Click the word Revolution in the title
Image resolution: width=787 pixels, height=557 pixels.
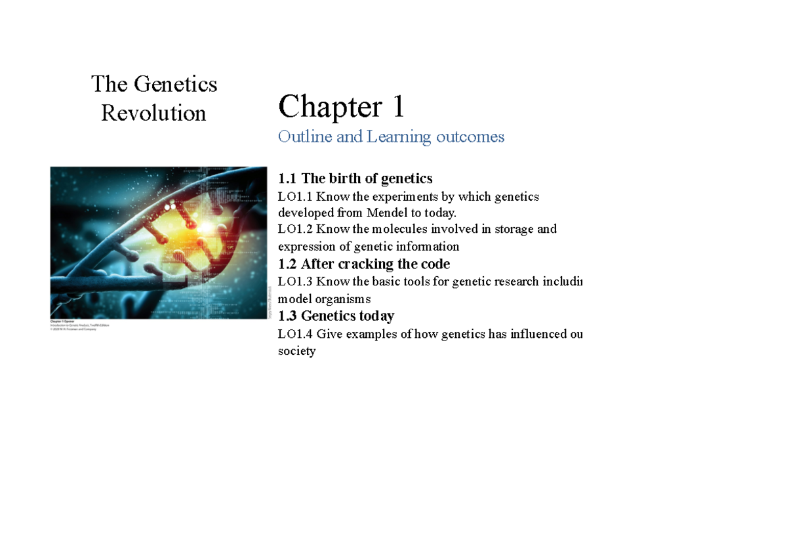(x=153, y=113)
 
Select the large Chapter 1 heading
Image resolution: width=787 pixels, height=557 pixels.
(x=341, y=106)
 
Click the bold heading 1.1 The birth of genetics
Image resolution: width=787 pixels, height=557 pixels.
(x=355, y=178)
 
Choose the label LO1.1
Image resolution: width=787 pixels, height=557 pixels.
(x=295, y=196)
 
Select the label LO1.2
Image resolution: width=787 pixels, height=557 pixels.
(x=295, y=229)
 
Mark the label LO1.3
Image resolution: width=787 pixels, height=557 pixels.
(x=295, y=281)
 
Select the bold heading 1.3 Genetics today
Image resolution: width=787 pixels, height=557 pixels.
(x=336, y=316)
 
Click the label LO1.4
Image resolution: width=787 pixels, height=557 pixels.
(x=295, y=334)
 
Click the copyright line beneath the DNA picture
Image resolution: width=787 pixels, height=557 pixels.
(x=73, y=329)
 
